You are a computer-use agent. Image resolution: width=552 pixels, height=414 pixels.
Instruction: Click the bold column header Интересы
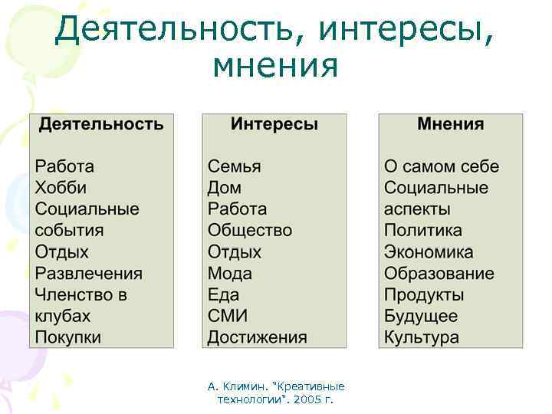click(x=274, y=124)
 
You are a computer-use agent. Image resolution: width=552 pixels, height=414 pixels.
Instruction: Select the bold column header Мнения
click(x=450, y=124)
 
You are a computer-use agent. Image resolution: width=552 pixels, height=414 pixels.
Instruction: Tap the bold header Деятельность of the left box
click(x=101, y=124)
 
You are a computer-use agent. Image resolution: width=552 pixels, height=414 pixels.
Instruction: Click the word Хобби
click(x=61, y=188)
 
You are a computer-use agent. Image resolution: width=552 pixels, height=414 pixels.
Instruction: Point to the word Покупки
click(x=67, y=337)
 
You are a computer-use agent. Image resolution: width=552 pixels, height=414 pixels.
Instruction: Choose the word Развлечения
click(x=88, y=274)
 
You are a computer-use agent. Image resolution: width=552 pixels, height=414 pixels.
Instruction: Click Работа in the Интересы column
click(x=237, y=209)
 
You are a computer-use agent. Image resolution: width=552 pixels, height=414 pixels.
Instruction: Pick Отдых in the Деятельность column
click(x=61, y=252)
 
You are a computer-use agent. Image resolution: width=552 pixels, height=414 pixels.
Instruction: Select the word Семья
click(x=234, y=166)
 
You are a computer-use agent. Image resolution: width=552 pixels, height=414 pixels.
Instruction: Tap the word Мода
click(x=229, y=274)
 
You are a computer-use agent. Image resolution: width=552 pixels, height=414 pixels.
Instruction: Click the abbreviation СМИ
click(x=226, y=316)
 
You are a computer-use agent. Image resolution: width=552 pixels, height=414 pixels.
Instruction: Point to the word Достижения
click(x=257, y=337)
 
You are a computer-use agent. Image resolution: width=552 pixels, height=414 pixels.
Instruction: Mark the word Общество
click(x=249, y=231)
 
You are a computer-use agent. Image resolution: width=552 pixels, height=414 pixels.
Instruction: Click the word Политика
click(x=423, y=231)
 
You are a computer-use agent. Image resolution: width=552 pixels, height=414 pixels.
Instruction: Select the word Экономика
click(x=429, y=252)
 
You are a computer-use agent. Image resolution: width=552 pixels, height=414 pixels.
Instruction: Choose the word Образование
click(x=439, y=274)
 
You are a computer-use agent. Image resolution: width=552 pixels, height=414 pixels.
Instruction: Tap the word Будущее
click(x=421, y=316)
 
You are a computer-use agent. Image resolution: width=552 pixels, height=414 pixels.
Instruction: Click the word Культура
click(x=422, y=337)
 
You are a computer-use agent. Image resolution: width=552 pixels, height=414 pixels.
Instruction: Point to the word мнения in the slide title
click(x=275, y=67)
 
